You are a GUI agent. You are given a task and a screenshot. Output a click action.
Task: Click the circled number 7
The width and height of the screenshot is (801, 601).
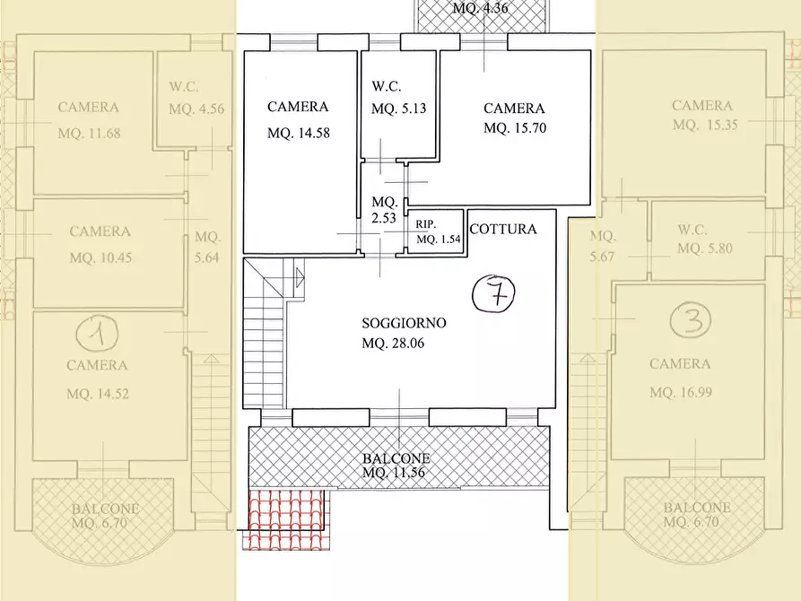coord(493,293)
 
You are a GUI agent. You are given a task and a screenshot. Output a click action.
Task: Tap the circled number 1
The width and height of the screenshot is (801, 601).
coord(98,334)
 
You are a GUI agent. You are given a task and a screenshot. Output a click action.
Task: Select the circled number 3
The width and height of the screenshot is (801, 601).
coord(691,320)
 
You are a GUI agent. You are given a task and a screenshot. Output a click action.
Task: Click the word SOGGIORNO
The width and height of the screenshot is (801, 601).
coord(404,323)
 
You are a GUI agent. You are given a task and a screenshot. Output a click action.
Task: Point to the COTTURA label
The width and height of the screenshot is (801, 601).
coord(503,229)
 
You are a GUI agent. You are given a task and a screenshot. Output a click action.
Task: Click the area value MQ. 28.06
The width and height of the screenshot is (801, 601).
coord(393,344)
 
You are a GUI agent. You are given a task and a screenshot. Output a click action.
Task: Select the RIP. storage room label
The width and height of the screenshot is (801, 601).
coord(425,224)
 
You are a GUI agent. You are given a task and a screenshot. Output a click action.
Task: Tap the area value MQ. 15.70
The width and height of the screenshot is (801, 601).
coord(515,127)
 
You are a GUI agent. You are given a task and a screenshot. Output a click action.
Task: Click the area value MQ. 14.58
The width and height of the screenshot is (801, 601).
coord(299,134)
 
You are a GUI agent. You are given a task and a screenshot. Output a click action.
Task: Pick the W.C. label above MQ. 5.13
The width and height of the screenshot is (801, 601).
coord(387,86)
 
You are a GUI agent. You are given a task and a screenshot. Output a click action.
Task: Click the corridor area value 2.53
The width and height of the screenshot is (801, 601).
coord(384,218)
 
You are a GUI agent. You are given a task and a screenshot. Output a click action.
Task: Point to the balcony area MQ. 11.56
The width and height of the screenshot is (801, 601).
coord(394,472)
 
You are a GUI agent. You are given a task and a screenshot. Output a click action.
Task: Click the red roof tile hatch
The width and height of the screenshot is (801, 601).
coord(286,518)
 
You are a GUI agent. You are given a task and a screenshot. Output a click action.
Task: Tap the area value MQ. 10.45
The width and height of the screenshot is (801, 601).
coord(100,257)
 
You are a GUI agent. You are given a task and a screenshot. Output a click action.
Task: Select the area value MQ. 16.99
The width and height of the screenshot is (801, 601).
coord(681,393)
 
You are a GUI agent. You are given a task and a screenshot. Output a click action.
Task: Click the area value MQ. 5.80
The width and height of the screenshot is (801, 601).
coord(705,248)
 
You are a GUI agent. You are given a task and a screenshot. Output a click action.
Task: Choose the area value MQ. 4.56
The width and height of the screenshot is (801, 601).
coord(196,109)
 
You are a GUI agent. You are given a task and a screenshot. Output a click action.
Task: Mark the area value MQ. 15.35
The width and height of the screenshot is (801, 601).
coord(705,125)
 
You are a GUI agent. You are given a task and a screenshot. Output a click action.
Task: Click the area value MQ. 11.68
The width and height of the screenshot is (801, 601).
coord(90,134)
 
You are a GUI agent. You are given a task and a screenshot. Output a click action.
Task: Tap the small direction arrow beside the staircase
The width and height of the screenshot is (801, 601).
coord(300,279)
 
